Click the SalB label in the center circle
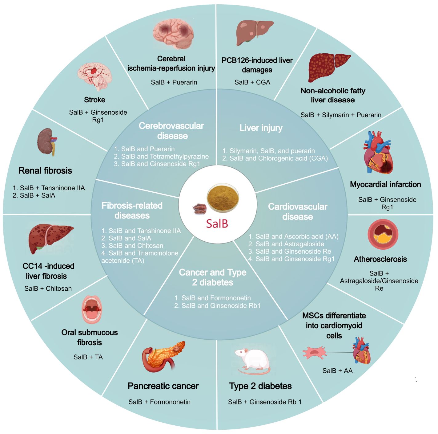pyautogui.click(x=217, y=223)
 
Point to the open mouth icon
pyautogui.click(x=91, y=309)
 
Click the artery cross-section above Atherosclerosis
pyautogui.click(x=383, y=234)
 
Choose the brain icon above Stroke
pyautogui.click(x=94, y=76)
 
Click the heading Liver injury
pyautogui.click(x=261, y=128)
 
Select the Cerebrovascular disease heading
pyautogui.click(x=171, y=131)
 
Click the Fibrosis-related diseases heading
pyautogui.click(x=132, y=211)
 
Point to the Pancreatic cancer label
pyautogui.click(x=163, y=386)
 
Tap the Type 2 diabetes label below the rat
pyautogui.click(x=260, y=386)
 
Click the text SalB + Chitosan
pyautogui.click(x=48, y=289)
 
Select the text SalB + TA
pyautogui.click(x=88, y=357)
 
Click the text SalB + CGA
pyautogui.click(x=252, y=82)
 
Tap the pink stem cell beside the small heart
pyautogui.click(x=314, y=353)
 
